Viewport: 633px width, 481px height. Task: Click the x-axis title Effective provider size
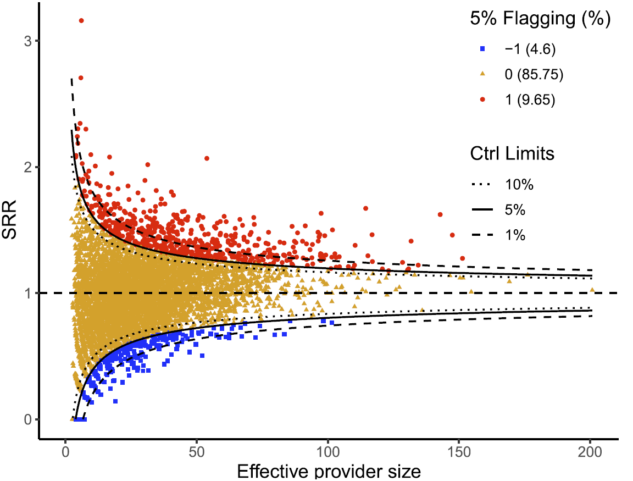(329, 472)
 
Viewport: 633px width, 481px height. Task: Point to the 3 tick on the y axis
(29, 41)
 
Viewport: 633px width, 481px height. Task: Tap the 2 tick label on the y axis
(29, 167)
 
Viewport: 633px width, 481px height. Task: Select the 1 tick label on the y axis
(29, 293)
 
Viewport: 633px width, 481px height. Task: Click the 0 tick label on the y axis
(29, 419)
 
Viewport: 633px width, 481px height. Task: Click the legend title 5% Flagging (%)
(541, 19)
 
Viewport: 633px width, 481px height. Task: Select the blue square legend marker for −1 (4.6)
(482, 49)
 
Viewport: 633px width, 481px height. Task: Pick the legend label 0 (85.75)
(534, 74)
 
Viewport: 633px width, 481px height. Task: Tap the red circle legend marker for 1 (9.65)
(482, 99)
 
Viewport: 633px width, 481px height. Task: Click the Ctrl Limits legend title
(512, 154)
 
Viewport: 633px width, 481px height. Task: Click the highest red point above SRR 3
(81, 20)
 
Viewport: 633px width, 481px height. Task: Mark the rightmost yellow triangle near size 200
(592, 290)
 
